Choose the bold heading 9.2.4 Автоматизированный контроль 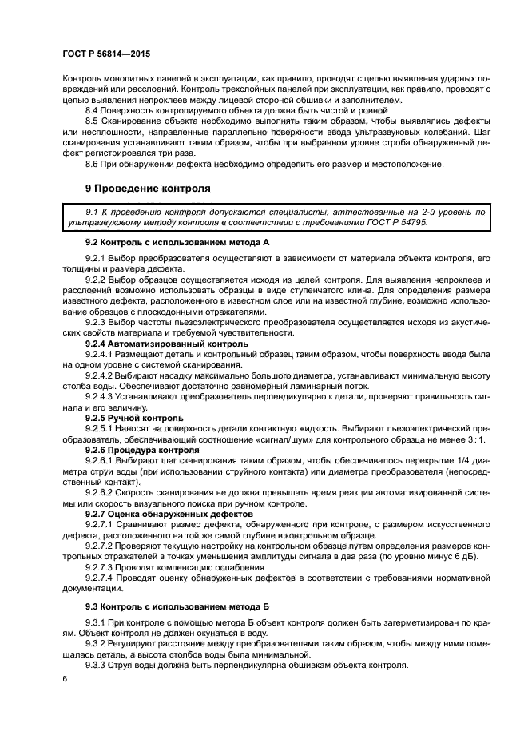tap(155, 344)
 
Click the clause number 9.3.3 tap(97, 666)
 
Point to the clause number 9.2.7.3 tap(100, 566)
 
